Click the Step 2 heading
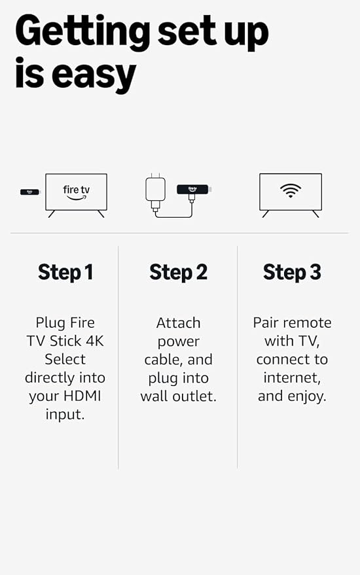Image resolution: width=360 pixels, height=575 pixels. [x=178, y=271]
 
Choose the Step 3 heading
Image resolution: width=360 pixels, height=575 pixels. [x=292, y=271]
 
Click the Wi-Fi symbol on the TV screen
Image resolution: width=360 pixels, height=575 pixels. [x=291, y=190]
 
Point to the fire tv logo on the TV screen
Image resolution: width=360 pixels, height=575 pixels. [x=76, y=192]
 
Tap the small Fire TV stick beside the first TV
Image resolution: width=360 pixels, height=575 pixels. [x=30, y=192]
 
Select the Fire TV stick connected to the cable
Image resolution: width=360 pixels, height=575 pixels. [x=192, y=190]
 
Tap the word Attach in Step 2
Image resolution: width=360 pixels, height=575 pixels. [x=178, y=322]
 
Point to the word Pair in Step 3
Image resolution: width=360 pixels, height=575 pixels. [x=266, y=322]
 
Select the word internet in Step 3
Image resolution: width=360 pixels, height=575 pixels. [x=292, y=377]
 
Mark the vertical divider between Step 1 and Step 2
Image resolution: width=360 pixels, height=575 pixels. [x=118, y=357]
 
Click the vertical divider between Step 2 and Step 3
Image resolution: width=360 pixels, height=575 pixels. [x=238, y=357]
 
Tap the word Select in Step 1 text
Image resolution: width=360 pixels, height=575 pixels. [x=65, y=359]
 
